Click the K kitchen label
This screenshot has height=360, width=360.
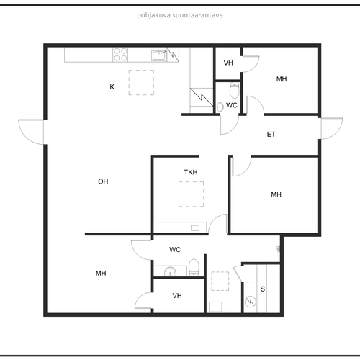tap(112, 87)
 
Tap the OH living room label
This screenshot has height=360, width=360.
tap(103, 181)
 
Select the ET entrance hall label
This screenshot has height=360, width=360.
tap(271, 135)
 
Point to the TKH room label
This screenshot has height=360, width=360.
tap(191, 172)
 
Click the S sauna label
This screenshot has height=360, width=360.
tap(263, 289)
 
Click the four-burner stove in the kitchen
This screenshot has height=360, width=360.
tap(120, 55)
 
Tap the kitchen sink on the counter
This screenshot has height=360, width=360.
tap(159, 55)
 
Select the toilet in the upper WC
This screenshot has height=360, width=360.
tap(235, 90)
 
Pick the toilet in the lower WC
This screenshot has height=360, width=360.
tap(194, 268)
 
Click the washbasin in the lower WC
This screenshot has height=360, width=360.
tap(170, 272)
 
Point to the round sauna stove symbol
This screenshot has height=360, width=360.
tap(251, 302)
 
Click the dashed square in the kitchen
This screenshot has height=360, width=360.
tap(141, 82)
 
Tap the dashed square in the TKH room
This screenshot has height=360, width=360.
tap(191, 194)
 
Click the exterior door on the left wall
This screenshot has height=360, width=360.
tap(31, 132)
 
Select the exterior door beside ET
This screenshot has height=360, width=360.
tap(332, 128)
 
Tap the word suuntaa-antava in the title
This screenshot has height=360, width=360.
tap(198, 15)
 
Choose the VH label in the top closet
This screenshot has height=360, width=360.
tap(228, 63)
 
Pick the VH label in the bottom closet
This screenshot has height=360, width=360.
tap(177, 296)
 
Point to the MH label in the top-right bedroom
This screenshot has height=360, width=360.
tap(282, 79)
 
